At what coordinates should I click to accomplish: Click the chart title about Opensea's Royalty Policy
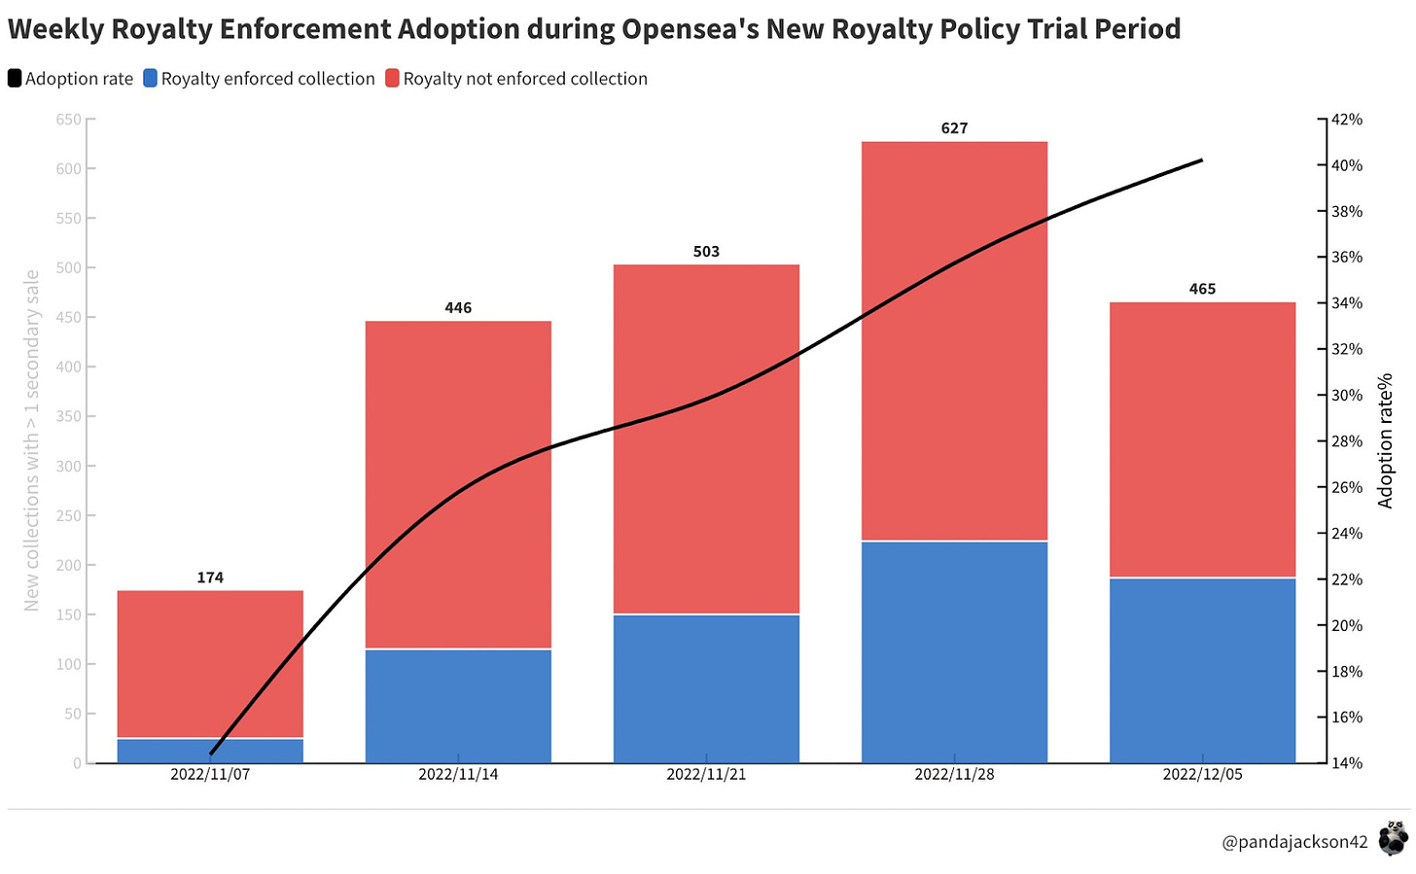click(x=594, y=29)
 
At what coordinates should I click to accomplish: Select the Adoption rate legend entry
click(x=70, y=79)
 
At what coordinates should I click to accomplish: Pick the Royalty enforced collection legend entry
click(x=259, y=79)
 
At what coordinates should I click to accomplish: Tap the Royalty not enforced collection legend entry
click(x=516, y=79)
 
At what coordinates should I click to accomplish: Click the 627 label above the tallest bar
click(x=954, y=128)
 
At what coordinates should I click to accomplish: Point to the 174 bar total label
click(x=210, y=577)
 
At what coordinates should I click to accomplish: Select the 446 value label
click(x=458, y=308)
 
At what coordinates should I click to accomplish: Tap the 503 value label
click(x=706, y=252)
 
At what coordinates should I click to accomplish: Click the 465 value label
click(x=1202, y=289)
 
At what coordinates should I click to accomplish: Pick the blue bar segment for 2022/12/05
click(x=1202, y=671)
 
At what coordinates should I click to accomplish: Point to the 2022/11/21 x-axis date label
click(x=706, y=775)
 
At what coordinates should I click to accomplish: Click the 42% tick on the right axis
click(x=1347, y=120)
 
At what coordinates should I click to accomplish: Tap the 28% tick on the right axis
click(x=1347, y=441)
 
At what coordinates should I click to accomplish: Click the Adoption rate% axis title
click(x=1386, y=440)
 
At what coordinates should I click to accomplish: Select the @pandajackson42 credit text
click(x=1294, y=842)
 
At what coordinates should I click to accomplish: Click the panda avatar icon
click(x=1394, y=837)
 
